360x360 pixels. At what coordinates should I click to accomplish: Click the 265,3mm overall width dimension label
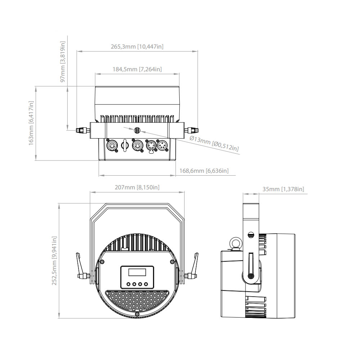click(138, 46)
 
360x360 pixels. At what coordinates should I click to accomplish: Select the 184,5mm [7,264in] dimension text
click(137, 69)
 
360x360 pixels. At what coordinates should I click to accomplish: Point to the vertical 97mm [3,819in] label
click(63, 62)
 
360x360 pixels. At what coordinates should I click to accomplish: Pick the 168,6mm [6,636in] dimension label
click(204, 170)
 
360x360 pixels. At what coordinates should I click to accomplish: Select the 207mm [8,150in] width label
click(137, 187)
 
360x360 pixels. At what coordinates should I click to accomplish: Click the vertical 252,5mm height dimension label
click(54, 261)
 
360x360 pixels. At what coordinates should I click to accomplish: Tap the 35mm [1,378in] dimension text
click(283, 189)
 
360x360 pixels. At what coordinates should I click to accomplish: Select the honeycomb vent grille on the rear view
click(137, 302)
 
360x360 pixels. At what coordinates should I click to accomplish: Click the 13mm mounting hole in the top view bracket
click(137, 130)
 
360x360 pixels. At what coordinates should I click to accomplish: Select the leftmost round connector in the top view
click(111, 146)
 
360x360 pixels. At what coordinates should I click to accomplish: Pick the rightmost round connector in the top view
click(163, 146)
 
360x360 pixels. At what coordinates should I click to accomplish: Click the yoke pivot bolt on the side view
click(251, 276)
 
